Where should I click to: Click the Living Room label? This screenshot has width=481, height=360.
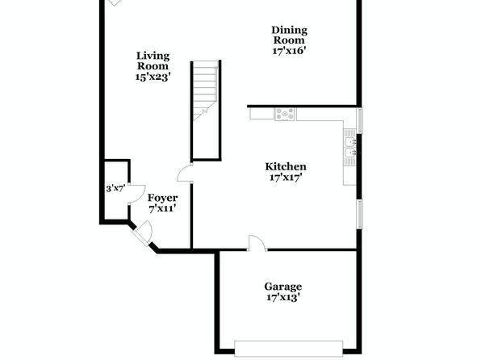(153, 61)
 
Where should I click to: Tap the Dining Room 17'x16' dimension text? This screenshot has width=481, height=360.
(289, 50)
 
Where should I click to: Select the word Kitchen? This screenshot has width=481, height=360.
(286, 166)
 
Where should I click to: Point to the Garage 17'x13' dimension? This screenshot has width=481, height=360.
(282, 297)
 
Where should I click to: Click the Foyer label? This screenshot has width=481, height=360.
(162, 198)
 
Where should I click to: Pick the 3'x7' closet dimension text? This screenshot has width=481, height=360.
(115, 188)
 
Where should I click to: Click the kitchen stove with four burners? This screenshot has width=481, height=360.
(285, 114)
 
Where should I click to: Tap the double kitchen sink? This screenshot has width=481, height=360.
(349, 148)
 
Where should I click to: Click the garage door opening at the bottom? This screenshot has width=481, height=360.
(288, 349)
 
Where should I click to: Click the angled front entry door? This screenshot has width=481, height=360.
(143, 233)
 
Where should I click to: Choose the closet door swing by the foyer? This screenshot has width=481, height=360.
(136, 194)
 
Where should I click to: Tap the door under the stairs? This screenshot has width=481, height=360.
(185, 174)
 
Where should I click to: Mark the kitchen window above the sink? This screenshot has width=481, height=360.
(359, 120)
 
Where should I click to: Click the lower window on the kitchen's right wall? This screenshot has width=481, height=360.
(359, 214)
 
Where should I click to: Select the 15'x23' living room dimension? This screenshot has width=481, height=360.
(153, 77)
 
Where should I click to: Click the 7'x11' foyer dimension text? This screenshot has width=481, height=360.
(162, 209)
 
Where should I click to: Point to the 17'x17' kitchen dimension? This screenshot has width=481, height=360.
(286, 178)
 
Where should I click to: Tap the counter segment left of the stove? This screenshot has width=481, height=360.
(262, 114)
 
